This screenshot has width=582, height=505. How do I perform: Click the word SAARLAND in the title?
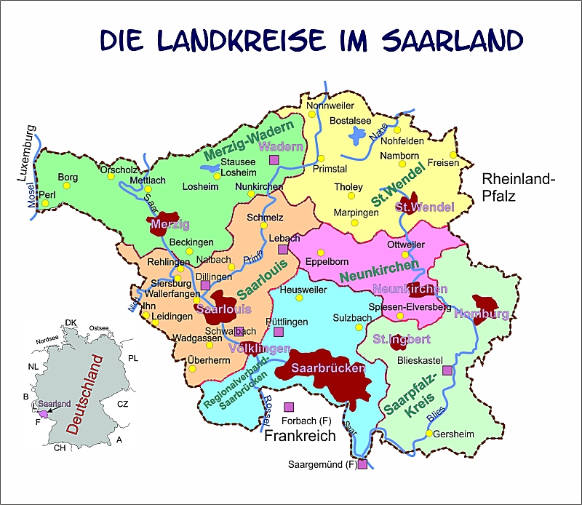pyautogui.click(x=451, y=39)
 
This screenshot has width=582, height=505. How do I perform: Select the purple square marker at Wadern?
pyautogui.click(x=274, y=159)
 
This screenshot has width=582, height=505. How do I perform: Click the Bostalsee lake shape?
pyautogui.click(x=357, y=135)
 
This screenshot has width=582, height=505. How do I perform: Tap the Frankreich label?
pyautogui.click(x=299, y=436)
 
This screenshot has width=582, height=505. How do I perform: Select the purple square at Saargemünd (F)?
pyautogui.click(x=362, y=464)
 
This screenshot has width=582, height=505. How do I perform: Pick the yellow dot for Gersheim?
pyautogui.click(x=429, y=434)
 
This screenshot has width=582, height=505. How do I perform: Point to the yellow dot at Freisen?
pyautogui.click(x=453, y=155)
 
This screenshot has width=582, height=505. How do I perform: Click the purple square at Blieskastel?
pyautogui.click(x=447, y=370)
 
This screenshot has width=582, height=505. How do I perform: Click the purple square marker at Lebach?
pyautogui.click(x=283, y=249)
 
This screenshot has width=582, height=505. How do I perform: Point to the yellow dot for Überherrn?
pyautogui.click(x=192, y=368)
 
